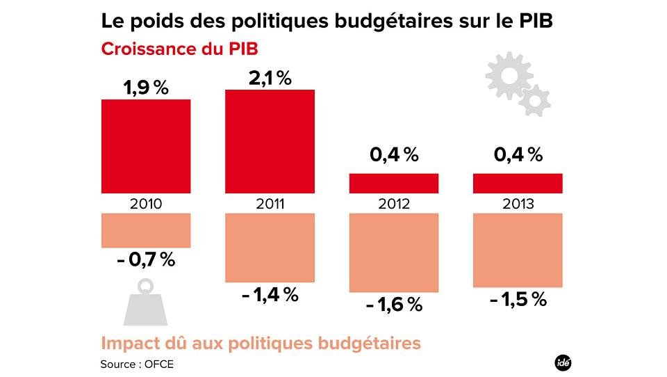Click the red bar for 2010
[x=146, y=146]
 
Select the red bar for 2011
[x=270, y=141]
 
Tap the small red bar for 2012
[x=393, y=183]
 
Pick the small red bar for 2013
[x=517, y=183]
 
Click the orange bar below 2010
[x=146, y=230]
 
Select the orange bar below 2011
[x=270, y=247]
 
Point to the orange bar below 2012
[x=393, y=252]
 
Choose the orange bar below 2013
[x=517, y=250]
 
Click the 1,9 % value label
[x=146, y=88]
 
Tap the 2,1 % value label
[x=270, y=79]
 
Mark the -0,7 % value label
[x=146, y=260]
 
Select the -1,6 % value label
[x=393, y=304]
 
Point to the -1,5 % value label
[x=517, y=299]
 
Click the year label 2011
[x=270, y=204]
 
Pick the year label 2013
[x=517, y=204]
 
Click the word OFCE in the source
[x=159, y=364]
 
